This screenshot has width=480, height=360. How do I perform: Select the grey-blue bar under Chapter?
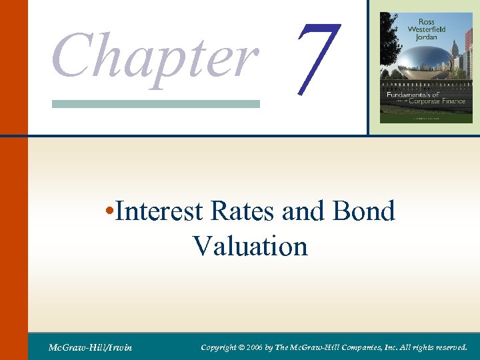click(155, 103)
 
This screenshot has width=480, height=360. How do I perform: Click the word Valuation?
click(250, 246)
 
